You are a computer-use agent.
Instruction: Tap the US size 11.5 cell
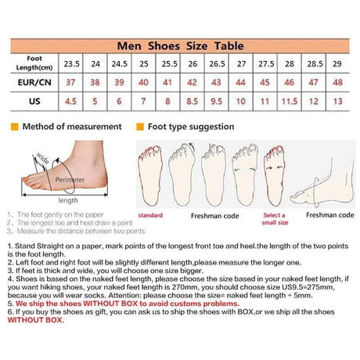pyautogui.click(x=289, y=101)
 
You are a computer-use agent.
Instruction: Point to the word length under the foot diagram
pyautogui.click(x=68, y=200)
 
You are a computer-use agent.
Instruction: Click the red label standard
pyautogui.click(x=150, y=214)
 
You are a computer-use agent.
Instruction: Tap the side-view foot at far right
pyautogui.click(x=322, y=184)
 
